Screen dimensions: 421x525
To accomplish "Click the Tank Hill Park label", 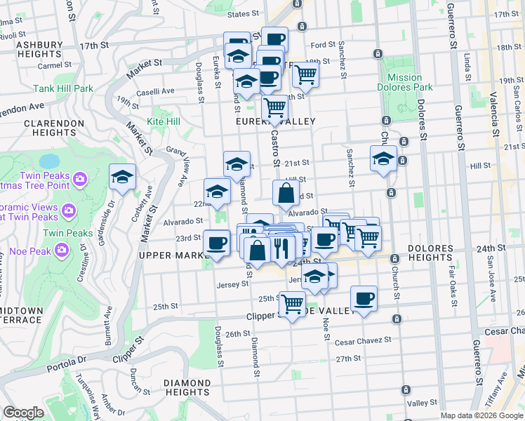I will pos(62,89).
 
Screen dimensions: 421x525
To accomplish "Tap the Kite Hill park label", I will pos(163,121).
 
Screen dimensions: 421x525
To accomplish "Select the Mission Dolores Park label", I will pos(404,83).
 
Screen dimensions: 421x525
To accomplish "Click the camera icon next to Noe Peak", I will pos(62,249).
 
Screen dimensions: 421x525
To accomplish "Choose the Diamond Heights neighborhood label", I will pos(186,387).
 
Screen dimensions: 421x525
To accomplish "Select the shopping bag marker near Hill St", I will pos(286,193).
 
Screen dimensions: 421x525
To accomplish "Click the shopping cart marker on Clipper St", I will pos(292,304).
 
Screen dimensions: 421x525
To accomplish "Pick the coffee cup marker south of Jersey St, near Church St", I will pos(363,299).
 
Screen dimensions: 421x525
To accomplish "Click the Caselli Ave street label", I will pos(155,91).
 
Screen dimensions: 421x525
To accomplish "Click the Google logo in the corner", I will pos(23,413).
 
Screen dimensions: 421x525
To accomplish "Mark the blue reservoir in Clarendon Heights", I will pos(49,162).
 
